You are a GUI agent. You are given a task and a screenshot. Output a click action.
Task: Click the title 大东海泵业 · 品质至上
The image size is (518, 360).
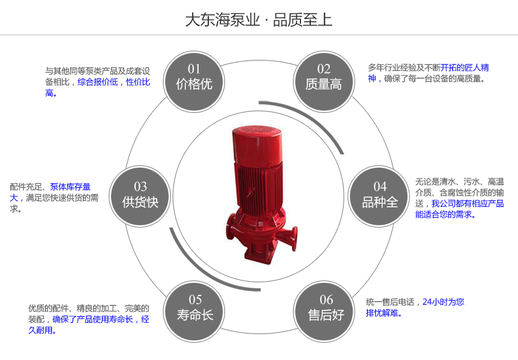[258, 20]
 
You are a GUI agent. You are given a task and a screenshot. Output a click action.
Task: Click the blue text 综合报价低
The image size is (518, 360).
[97, 82]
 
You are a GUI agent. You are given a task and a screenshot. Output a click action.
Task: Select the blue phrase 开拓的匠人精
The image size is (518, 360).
[464, 67]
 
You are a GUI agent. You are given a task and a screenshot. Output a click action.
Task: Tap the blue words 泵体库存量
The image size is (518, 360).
[70, 187]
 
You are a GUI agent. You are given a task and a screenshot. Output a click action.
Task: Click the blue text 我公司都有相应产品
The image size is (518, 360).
[467, 203]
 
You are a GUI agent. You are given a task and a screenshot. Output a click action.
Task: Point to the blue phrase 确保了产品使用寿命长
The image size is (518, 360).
[93, 319]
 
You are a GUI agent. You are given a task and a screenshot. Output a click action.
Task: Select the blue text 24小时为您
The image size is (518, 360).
[443, 301]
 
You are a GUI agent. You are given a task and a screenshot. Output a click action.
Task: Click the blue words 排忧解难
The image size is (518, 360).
[384, 313]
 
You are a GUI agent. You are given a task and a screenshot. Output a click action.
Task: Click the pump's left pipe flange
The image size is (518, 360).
[227, 229]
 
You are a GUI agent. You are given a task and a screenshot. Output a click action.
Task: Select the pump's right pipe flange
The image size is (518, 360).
[295, 237]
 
